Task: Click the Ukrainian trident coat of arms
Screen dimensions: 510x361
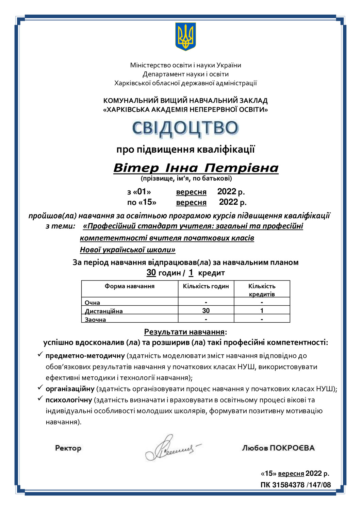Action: coord(185,36)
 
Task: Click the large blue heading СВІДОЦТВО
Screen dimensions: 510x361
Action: coord(185,129)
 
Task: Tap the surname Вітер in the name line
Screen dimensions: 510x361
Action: coord(136,168)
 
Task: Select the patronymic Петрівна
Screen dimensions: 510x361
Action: coord(241,168)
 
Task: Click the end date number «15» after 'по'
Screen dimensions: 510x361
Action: coord(147,202)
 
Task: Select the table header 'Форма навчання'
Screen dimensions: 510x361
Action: coord(129,286)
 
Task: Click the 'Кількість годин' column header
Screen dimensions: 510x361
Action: coord(206,286)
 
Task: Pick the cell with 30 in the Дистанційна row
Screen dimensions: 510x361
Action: coord(206,310)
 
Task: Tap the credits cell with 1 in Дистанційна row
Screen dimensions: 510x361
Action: coord(262,310)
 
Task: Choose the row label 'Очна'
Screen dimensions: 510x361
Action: coord(93,303)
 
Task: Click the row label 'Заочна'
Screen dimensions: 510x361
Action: coord(95,320)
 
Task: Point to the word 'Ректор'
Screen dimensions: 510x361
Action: coord(68,448)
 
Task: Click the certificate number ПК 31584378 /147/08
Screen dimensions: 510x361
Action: coord(296,485)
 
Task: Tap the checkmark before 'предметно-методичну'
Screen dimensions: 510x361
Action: coord(40,355)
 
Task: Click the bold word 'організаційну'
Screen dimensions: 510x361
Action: coord(70,389)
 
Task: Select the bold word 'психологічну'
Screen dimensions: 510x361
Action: coord(69,400)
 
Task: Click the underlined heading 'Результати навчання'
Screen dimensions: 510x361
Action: coord(184,332)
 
